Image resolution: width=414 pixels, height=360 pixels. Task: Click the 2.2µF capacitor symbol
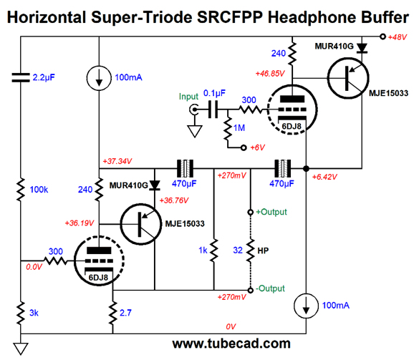click(21, 77)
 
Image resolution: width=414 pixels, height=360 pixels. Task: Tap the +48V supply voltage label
click(397, 37)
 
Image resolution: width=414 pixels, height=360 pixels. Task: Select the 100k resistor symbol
click(21, 190)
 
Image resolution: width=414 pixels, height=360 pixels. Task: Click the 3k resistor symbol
click(21, 313)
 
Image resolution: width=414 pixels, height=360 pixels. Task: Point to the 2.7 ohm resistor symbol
click(112, 313)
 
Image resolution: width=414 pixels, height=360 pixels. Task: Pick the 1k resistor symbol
click(214, 250)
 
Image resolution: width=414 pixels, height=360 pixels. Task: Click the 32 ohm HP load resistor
click(250, 250)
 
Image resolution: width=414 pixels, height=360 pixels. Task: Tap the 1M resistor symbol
click(228, 128)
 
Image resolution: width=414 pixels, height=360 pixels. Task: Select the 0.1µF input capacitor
click(213, 110)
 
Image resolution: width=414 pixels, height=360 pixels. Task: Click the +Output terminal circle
click(250, 213)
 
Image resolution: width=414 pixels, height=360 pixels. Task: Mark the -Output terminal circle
click(250, 290)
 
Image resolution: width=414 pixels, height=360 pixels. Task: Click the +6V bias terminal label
click(257, 147)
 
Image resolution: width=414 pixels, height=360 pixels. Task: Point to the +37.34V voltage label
click(117, 161)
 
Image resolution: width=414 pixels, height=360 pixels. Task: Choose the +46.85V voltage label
click(270, 74)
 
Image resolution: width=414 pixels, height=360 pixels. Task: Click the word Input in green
click(188, 97)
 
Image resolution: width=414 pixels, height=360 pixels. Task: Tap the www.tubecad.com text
click(231, 344)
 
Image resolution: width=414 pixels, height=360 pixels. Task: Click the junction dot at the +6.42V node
click(306, 168)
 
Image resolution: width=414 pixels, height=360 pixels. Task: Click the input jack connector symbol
click(194, 110)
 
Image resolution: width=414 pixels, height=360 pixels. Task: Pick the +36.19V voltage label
click(80, 223)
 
